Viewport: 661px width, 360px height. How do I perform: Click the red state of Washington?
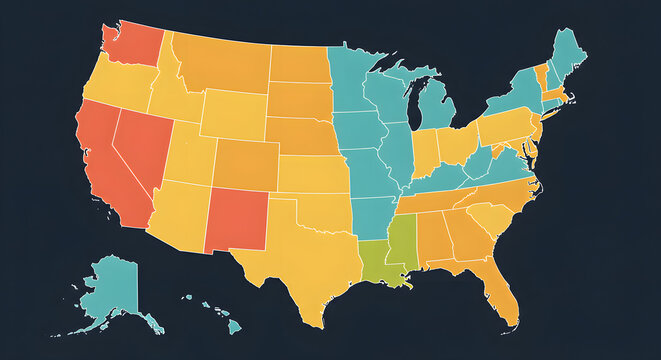pyautogui.click(x=130, y=43)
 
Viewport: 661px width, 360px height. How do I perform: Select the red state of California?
pyautogui.click(x=100, y=160)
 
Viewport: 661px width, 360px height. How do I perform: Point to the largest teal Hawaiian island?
pyautogui.click(x=233, y=325)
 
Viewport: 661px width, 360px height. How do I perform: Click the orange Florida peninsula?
pyautogui.click(x=500, y=290)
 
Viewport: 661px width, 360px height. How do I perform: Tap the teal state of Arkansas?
pyautogui.click(x=370, y=215)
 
